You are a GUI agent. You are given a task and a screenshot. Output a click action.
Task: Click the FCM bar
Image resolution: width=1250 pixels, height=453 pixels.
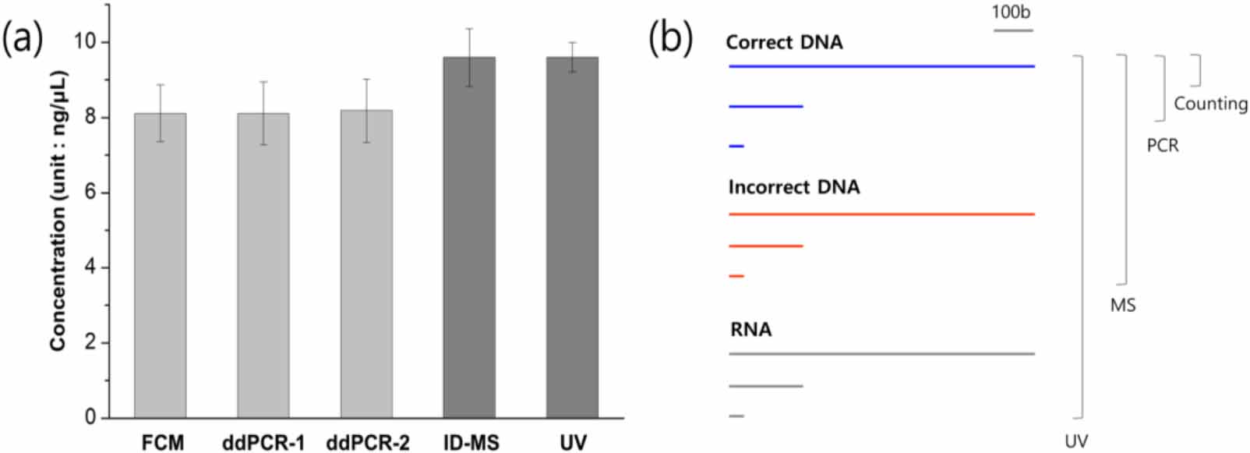coord(160,265)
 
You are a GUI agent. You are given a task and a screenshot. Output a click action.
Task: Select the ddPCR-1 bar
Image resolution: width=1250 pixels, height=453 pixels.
coord(263,265)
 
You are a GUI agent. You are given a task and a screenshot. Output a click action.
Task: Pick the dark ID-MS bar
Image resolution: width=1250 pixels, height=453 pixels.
coord(469,238)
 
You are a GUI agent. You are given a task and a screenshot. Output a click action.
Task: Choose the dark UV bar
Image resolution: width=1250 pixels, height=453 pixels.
coord(572,238)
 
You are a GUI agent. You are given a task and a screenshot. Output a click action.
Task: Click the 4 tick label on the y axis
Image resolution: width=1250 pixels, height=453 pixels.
coord(90,267)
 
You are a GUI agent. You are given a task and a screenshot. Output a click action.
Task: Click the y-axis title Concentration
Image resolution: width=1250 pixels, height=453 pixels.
coord(58,211)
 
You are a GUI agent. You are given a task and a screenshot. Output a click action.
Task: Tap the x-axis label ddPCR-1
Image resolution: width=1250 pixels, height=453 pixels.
coord(263,443)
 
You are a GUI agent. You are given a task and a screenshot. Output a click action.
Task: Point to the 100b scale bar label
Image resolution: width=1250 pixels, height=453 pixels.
coord(1011,12)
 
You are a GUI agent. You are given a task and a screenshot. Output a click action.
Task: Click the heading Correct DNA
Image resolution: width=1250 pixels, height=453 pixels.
coord(784,42)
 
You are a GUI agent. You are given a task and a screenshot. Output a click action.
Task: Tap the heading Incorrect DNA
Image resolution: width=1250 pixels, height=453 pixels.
coord(794,187)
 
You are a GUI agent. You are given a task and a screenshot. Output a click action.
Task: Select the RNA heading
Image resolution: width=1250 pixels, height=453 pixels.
coord(750,330)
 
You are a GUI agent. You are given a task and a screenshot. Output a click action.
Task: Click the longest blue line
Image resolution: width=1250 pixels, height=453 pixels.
coord(881,66)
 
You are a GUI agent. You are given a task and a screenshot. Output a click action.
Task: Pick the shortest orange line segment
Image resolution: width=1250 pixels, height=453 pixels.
coord(736,276)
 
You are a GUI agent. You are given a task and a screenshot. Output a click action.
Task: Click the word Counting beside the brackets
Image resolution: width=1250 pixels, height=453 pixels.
coord(1210,104)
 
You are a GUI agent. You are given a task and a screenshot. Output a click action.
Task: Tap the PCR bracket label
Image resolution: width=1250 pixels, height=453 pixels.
coord(1162,146)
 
